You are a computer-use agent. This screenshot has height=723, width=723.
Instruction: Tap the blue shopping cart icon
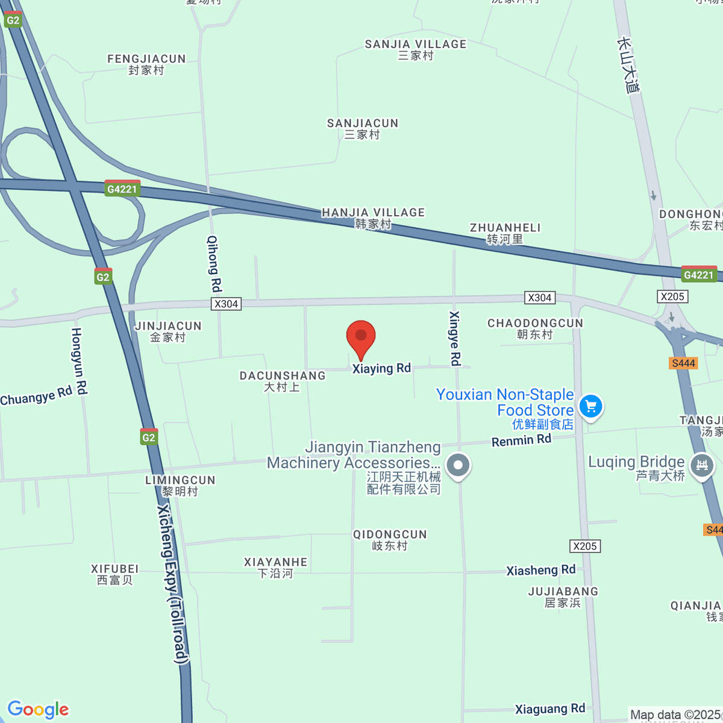pos(590,406)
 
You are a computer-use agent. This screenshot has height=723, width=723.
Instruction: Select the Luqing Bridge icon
pos(701,465)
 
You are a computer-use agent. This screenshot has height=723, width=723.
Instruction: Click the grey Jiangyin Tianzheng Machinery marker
pos(459,465)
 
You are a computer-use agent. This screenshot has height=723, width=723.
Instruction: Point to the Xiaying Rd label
pos(381,368)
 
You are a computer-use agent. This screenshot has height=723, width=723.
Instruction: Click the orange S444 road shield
pos(683,363)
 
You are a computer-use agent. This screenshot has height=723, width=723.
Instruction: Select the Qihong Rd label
pos(214,263)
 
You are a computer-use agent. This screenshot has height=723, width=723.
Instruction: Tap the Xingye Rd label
pos(455,338)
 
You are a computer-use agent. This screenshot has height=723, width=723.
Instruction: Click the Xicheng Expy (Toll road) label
pos(173,584)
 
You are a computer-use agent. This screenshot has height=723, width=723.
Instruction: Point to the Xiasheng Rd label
pos(540,570)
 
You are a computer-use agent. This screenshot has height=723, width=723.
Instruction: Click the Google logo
pos(38,710)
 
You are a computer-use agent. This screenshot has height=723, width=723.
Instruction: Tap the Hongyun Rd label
pos(79,361)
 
